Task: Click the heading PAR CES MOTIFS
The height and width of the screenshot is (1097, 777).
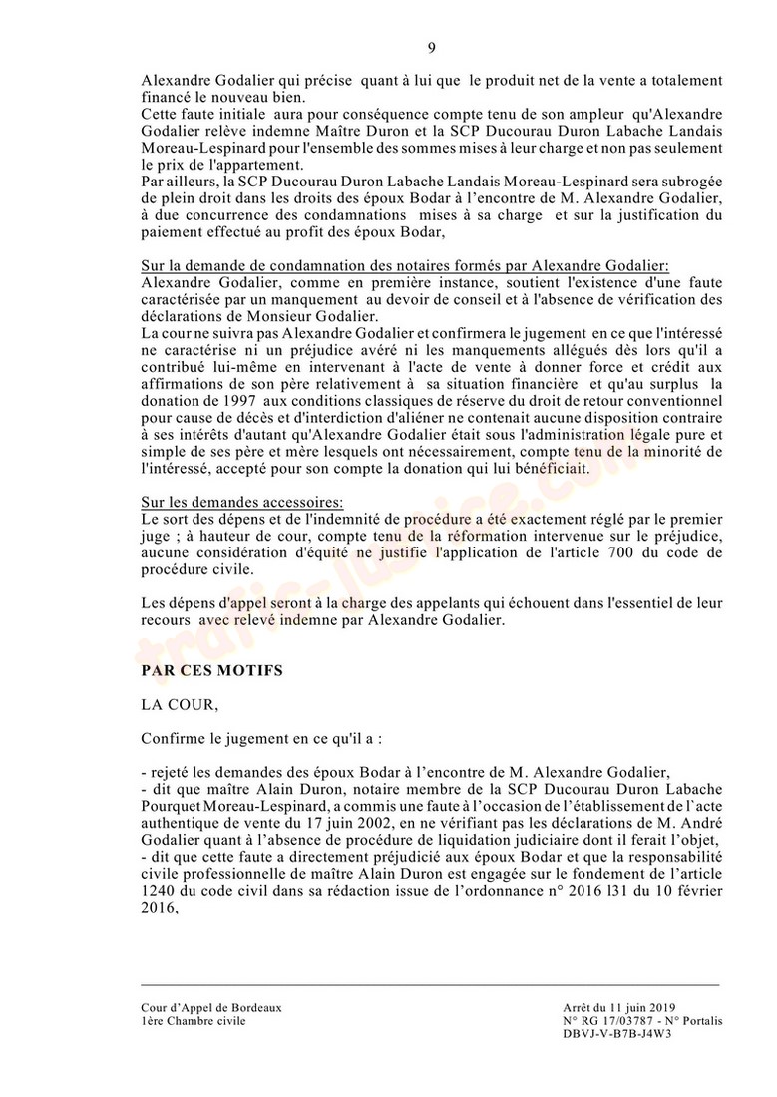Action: (212, 671)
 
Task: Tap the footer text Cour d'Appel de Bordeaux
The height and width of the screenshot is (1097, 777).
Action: (211, 1007)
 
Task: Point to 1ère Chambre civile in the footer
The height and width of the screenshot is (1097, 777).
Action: (193, 1021)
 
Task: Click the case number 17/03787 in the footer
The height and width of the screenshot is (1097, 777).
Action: (617, 1021)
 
